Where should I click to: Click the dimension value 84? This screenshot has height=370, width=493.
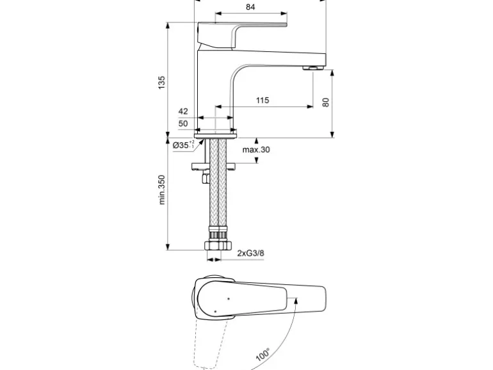pos(250,7)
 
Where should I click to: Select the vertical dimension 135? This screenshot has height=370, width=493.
pos(161,81)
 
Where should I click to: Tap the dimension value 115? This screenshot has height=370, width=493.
pos(262,101)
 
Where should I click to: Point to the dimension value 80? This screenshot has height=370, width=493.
pos(325,101)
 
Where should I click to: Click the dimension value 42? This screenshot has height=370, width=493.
pos(183,111)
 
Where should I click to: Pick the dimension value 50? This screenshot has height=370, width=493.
pos(183,123)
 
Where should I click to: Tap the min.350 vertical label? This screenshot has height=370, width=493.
pos(162,190)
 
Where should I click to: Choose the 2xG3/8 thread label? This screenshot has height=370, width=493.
pos(250,253)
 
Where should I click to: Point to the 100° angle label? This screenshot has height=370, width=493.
pos(263,355)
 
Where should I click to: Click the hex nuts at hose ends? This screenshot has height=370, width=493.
pos(217,245)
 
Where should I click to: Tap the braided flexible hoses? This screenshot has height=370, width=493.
pos(217,192)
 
